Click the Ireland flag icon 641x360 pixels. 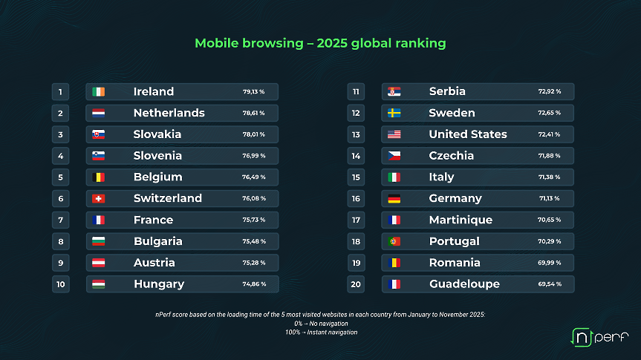(x=98, y=92)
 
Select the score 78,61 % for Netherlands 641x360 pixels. (x=253, y=113)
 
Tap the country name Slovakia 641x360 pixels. (x=157, y=134)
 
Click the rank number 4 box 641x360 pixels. (x=60, y=156)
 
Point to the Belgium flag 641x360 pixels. (x=98, y=177)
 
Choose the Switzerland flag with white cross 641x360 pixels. (x=98, y=199)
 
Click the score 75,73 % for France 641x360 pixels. (x=253, y=220)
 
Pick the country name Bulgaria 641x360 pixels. (x=158, y=241)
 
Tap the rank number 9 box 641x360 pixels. (x=60, y=263)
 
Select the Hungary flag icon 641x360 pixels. (x=98, y=284)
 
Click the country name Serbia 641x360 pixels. (x=447, y=91)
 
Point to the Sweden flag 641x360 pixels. (x=394, y=113)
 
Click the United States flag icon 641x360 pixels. (x=394, y=134)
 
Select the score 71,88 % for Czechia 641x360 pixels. (x=549, y=156)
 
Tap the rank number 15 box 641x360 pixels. (x=356, y=177)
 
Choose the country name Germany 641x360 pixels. (x=455, y=198)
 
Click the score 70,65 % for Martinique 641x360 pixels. (x=549, y=220)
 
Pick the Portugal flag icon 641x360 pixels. (x=394, y=241)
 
